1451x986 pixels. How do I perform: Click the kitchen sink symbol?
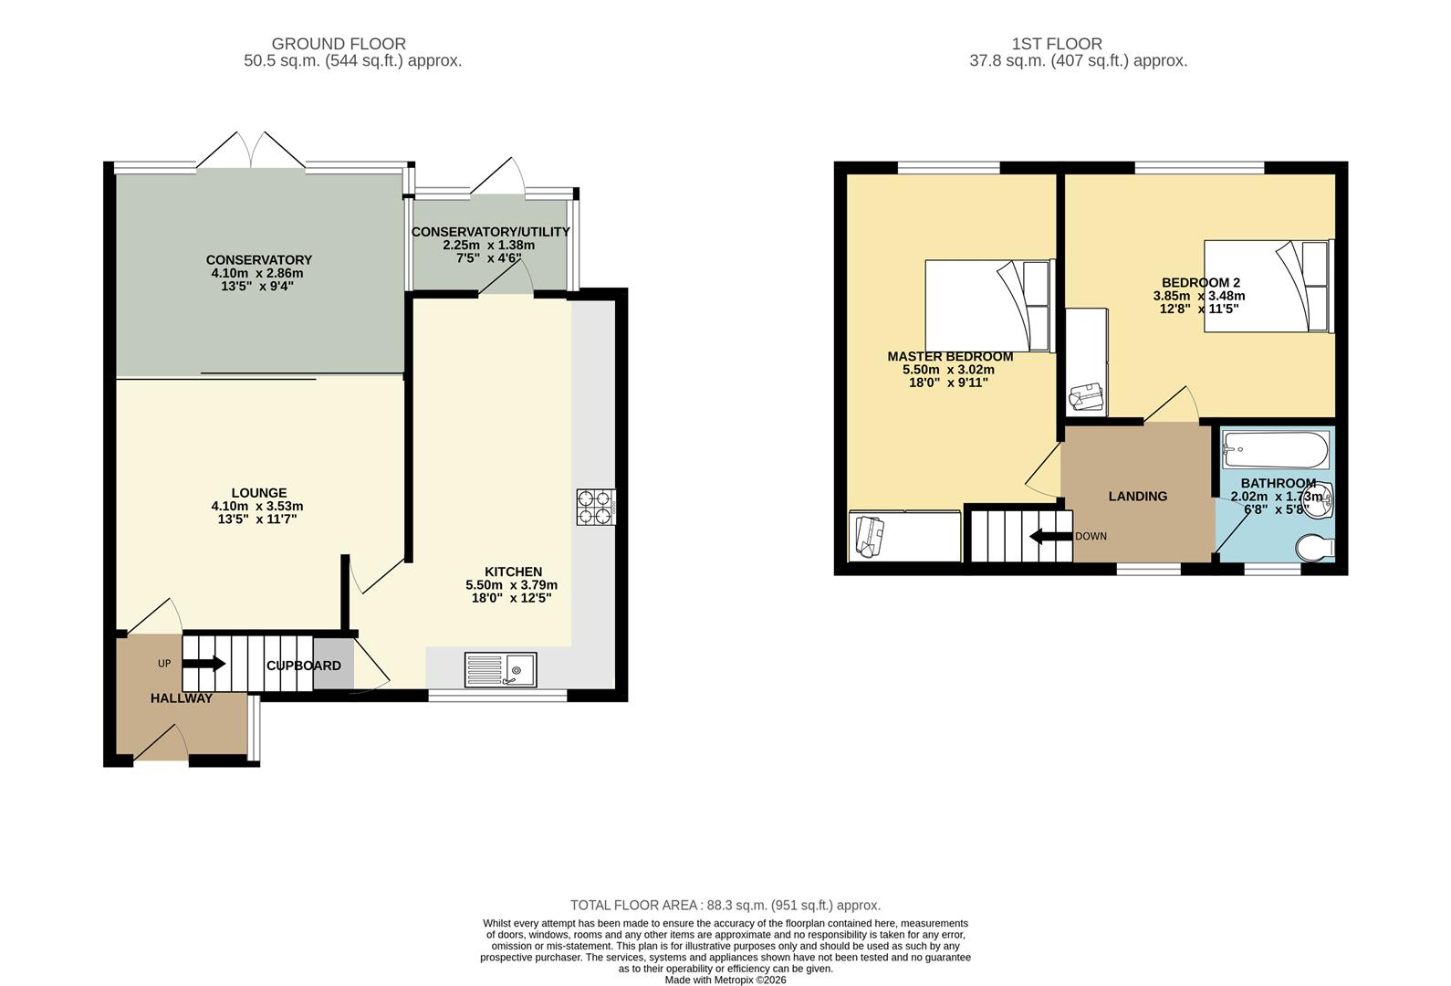[x=500, y=669]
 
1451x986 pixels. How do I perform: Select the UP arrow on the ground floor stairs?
[x=205, y=664]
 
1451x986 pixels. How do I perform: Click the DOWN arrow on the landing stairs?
[x=1050, y=536]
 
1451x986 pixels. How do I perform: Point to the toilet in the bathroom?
[x=1315, y=548]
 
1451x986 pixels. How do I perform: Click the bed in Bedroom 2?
[x=1268, y=286]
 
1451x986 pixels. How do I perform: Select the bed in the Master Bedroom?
[x=989, y=306]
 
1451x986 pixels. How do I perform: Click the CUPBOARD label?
[x=304, y=666]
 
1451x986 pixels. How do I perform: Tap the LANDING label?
[x=1137, y=496]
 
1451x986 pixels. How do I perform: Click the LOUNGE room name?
[x=259, y=493]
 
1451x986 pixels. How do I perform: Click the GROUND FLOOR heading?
[x=339, y=44]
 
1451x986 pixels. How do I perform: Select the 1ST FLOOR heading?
[x=1057, y=44]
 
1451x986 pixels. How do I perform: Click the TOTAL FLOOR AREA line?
[x=725, y=906]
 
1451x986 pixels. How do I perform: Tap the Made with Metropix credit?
[x=725, y=980]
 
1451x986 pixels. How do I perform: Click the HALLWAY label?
[x=182, y=698]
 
